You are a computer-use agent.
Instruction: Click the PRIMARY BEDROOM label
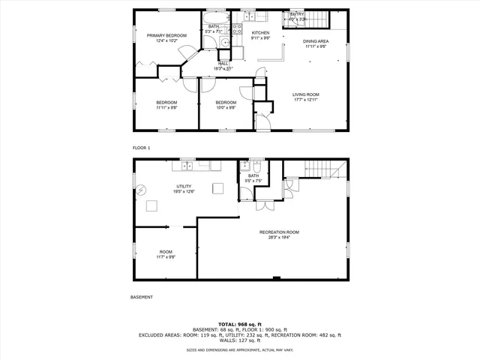(166, 35)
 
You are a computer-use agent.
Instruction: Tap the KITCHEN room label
(260, 33)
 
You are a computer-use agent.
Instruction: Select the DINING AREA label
(316, 41)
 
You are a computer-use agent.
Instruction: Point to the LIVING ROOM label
(305, 94)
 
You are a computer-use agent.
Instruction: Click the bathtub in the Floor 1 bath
(215, 19)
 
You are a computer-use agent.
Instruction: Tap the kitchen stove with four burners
(236, 30)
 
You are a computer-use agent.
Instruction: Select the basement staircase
(324, 169)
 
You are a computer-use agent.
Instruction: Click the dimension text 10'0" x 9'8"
(226, 107)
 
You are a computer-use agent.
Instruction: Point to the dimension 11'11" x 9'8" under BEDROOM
(166, 107)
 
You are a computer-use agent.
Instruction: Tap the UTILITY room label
(184, 186)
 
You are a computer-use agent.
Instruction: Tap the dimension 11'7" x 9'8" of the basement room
(166, 257)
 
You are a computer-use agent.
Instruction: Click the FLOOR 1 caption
(141, 148)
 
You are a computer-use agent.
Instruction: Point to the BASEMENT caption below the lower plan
(142, 297)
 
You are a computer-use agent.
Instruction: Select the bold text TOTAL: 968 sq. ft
(240, 324)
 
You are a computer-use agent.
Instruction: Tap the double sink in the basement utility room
(215, 165)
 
